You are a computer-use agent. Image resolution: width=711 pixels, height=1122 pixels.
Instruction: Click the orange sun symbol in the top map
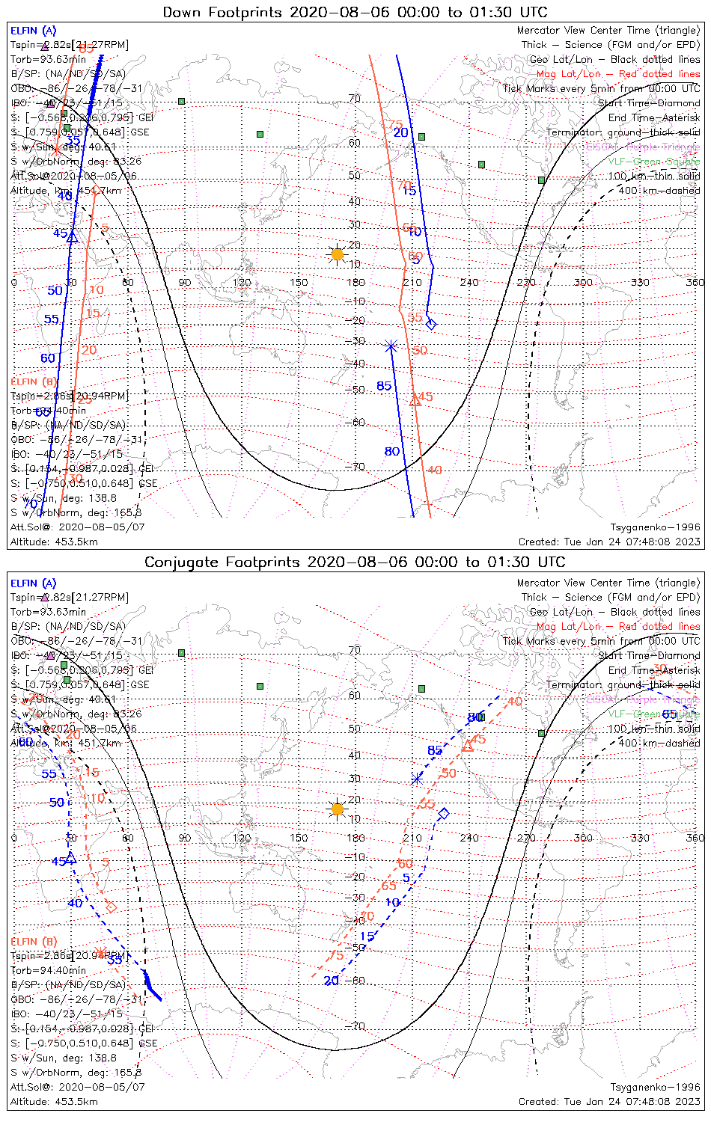pyautogui.click(x=338, y=255)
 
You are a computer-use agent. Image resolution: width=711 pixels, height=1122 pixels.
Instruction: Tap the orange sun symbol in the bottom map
pyautogui.click(x=338, y=809)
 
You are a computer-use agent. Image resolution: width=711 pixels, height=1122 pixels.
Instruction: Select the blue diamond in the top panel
pyautogui.click(x=430, y=324)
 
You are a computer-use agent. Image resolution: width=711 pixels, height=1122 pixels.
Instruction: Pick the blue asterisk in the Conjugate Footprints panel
pyautogui.click(x=418, y=779)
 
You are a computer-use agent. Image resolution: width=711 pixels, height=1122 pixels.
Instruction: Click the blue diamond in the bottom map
pyautogui.click(x=444, y=813)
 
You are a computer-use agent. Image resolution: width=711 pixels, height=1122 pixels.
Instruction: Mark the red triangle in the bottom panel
pyautogui.click(x=468, y=746)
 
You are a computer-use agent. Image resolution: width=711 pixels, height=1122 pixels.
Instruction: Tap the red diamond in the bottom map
pyautogui.click(x=112, y=907)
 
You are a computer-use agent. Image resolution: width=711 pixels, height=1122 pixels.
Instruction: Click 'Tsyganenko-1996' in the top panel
pyautogui.click(x=655, y=527)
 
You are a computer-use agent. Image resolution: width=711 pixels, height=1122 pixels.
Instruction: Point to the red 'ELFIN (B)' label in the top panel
pyautogui.click(x=34, y=381)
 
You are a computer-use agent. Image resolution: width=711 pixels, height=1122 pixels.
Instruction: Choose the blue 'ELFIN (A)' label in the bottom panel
pyautogui.click(x=33, y=583)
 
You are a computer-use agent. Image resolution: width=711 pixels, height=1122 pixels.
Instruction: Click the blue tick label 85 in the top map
pyautogui.click(x=384, y=387)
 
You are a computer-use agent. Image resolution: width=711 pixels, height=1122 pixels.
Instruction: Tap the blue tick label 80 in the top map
pyautogui.click(x=392, y=452)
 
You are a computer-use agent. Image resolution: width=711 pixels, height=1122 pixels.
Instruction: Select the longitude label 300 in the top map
pyautogui.click(x=583, y=282)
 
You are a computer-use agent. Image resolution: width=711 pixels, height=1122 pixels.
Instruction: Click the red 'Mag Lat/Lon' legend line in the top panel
pyautogui.click(x=618, y=74)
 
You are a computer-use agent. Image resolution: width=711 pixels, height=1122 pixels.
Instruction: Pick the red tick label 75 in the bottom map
pyautogui.click(x=337, y=956)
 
